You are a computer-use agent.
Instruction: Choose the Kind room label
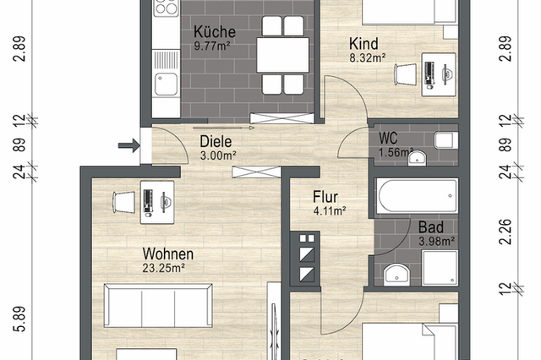[363, 43]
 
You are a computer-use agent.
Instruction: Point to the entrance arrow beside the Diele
[128, 146]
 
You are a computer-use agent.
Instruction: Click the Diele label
[216, 141]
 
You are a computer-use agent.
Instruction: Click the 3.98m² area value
[437, 242]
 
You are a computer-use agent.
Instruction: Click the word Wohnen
[167, 254]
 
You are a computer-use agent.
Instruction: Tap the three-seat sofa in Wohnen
[157, 302]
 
